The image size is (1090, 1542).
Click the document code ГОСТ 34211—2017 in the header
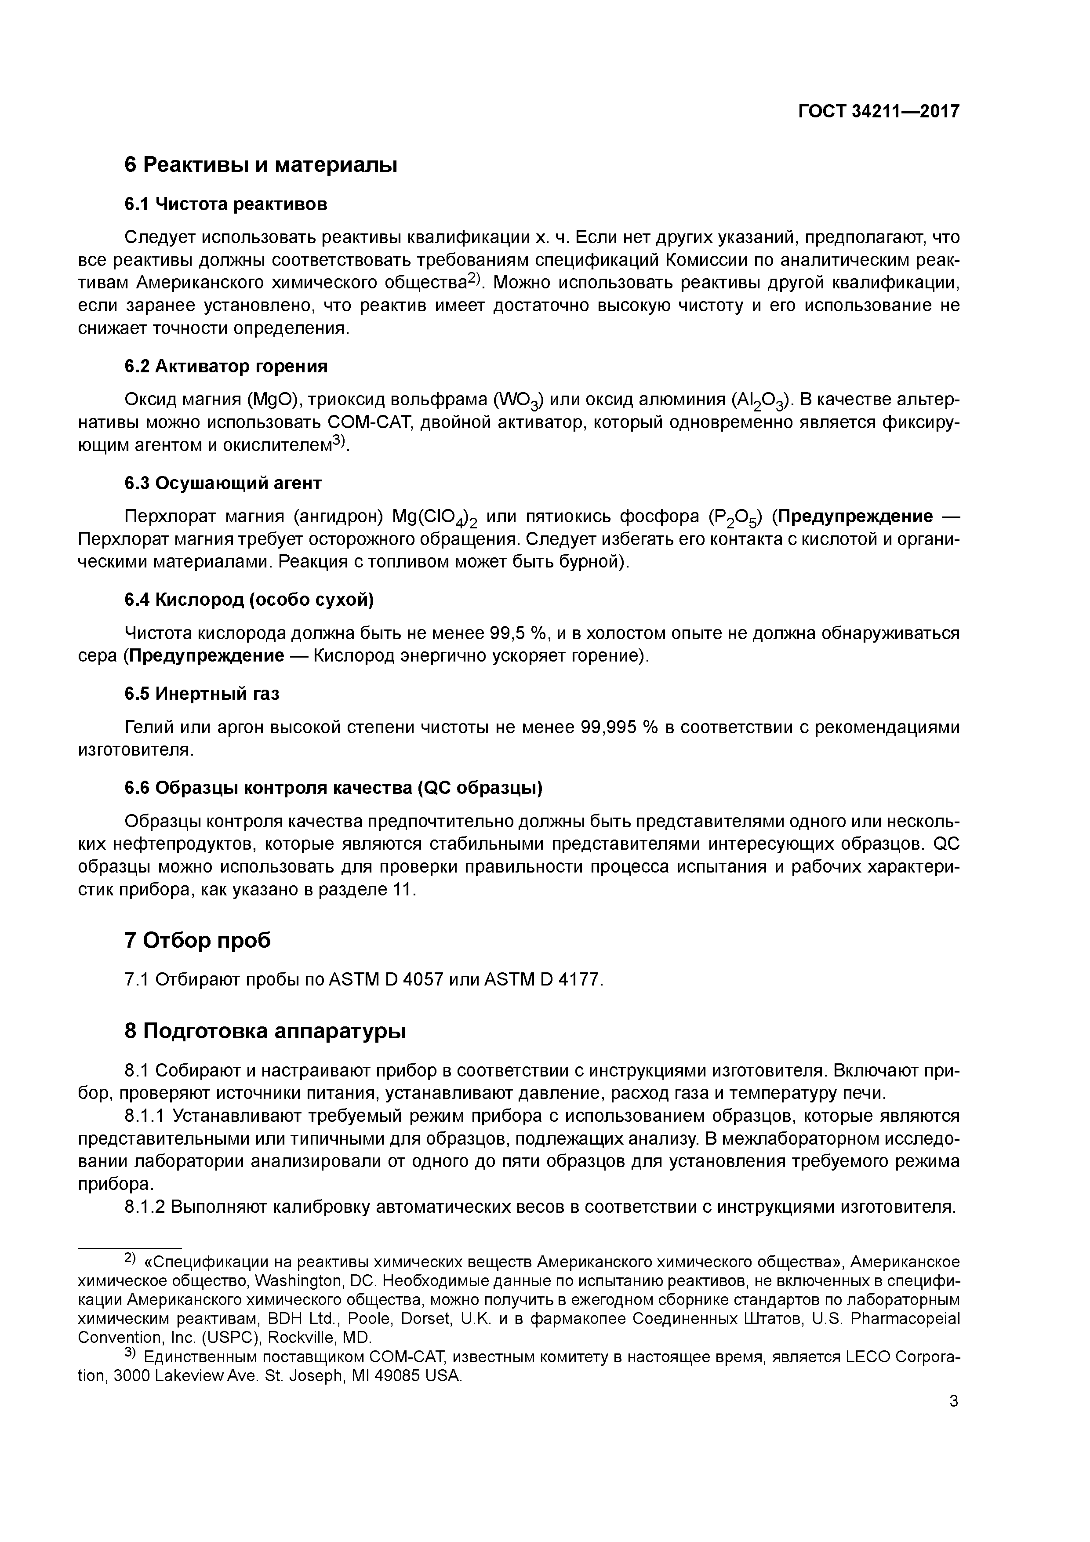(x=879, y=112)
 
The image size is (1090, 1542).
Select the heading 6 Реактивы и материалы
(x=261, y=164)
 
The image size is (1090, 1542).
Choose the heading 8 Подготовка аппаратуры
(x=265, y=1031)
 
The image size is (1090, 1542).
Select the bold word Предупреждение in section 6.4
(x=207, y=655)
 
